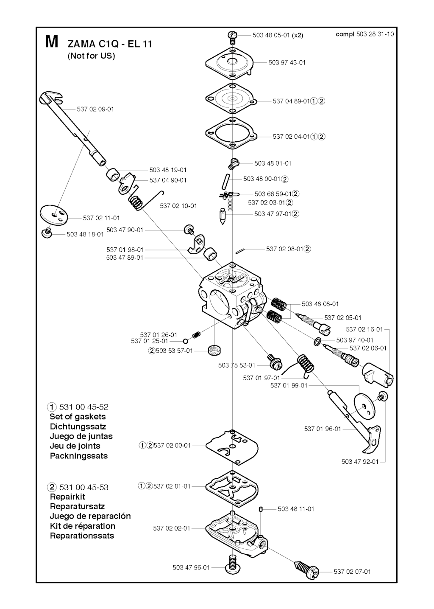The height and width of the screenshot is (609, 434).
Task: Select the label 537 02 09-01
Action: click(95, 109)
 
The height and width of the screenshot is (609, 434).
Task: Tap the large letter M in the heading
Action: click(51, 42)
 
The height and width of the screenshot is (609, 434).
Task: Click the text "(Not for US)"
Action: click(91, 56)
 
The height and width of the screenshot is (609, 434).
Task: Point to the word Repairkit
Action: click(67, 497)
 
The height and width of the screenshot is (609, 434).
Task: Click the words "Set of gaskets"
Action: click(78, 417)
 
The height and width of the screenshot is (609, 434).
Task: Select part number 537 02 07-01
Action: click(352, 572)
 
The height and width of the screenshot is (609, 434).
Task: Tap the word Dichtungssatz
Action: click(78, 427)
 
